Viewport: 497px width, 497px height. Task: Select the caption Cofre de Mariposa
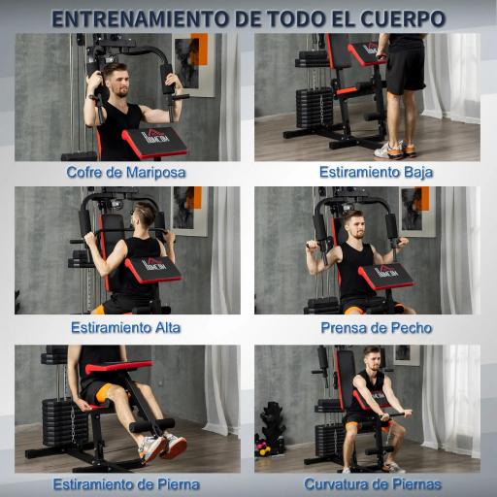point(126,173)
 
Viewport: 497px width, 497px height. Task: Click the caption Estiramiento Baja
point(376,173)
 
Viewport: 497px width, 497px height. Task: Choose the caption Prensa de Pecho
point(377,327)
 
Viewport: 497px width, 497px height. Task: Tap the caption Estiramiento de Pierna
point(128,483)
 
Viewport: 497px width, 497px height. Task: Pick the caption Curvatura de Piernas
point(373,483)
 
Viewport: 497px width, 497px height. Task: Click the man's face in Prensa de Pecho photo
point(356,231)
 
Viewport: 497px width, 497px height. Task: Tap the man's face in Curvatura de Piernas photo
point(370,360)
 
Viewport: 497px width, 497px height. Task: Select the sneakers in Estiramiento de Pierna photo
point(160,447)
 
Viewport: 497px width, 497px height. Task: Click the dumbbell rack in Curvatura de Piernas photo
point(272,427)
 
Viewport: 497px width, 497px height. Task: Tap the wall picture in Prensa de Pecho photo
point(414,208)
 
